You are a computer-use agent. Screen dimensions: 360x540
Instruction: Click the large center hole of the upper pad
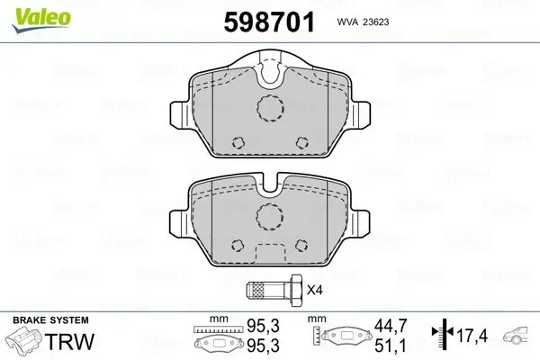tap(269, 108)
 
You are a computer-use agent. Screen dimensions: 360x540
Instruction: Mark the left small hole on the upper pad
tap(238, 142)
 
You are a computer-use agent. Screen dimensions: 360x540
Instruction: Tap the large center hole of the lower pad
tap(269, 214)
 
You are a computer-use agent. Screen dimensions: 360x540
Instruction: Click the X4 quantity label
tap(314, 290)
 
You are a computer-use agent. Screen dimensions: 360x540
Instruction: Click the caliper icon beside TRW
tap(25, 343)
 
